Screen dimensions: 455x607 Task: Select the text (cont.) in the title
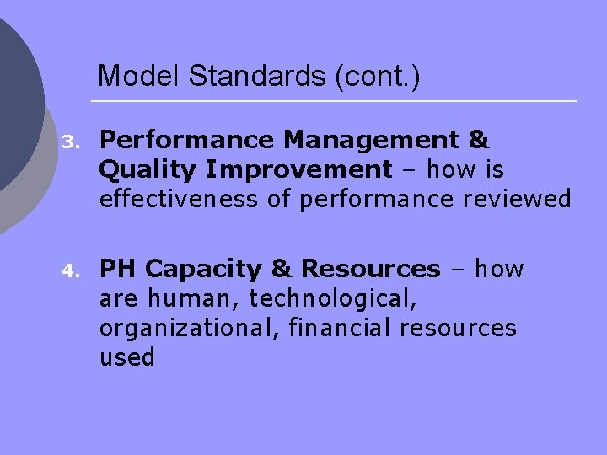378,77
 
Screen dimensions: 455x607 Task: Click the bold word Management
376,139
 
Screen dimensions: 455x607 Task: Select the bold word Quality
147,169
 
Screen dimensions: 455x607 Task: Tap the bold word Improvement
298,169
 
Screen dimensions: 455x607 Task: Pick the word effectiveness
172,200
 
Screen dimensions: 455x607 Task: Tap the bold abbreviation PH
119,269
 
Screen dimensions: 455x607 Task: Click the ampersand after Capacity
281,269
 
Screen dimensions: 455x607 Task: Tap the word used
127,358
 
